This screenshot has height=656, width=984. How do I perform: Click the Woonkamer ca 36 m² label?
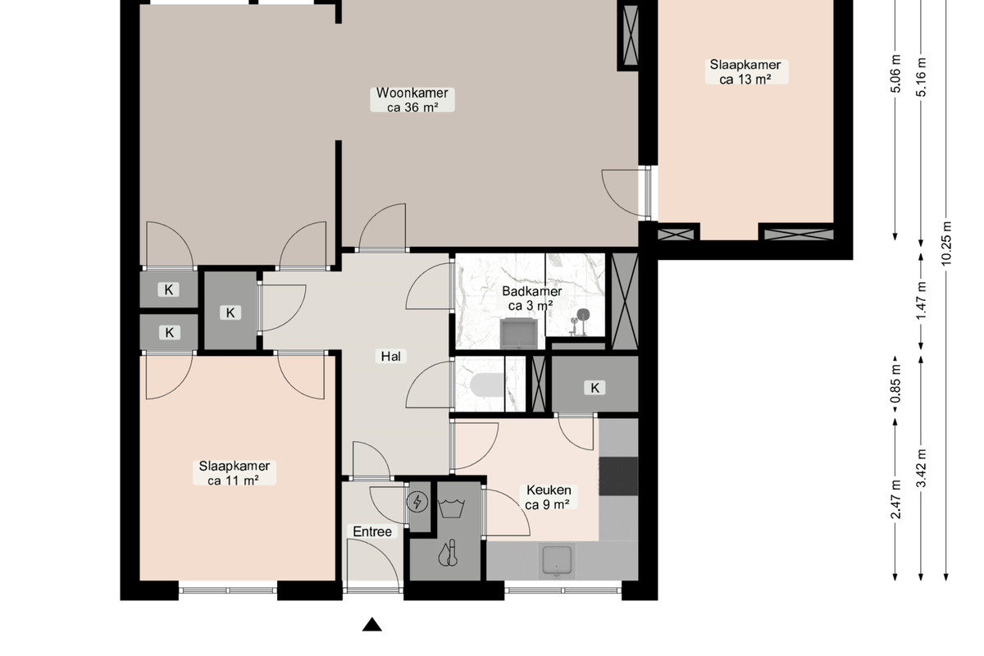click(x=412, y=100)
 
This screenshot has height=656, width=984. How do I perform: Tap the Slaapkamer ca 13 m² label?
click(x=745, y=71)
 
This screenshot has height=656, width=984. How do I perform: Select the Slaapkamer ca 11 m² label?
click(x=235, y=473)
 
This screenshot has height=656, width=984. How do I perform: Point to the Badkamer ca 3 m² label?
click(x=531, y=298)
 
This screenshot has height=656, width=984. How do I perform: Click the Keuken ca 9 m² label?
click(x=549, y=497)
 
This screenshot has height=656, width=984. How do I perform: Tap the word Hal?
click(x=390, y=356)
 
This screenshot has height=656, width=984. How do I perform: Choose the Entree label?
click(x=372, y=531)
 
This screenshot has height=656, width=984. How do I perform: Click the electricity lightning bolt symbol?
click(x=417, y=502)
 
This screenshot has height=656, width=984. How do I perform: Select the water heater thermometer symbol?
click(x=449, y=553)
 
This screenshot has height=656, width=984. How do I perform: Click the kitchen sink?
click(x=557, y=560)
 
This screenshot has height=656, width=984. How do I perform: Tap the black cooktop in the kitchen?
click(x=618, y=476)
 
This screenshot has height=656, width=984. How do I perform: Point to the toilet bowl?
click(x=487, y=385)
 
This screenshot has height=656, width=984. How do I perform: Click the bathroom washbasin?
click(x=519, y=333)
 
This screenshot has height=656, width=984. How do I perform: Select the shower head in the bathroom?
click(x=583, y=315)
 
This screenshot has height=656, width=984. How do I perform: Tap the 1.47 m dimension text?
click(x=921, y=301)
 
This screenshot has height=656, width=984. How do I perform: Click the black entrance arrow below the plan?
click(x=372, y=624)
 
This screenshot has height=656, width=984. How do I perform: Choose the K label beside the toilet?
click(x=594, y=388)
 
